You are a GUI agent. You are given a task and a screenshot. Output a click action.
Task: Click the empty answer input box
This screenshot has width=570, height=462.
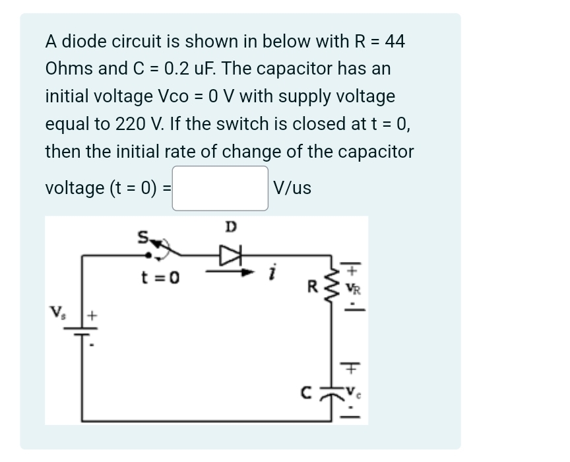click(x=220, y=188)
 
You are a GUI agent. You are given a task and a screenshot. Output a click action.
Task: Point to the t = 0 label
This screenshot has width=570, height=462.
click(x=161, y=277)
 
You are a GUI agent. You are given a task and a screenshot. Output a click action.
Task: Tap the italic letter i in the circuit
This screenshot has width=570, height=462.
click(x=273, y=272)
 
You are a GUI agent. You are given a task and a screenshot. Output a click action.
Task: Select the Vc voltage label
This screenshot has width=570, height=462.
click(x=352, y=389)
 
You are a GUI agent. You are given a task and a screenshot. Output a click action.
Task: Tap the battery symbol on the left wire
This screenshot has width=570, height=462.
click(x=82, y=333)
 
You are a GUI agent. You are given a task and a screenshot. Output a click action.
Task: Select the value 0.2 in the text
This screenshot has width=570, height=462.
click(x=177, y=69)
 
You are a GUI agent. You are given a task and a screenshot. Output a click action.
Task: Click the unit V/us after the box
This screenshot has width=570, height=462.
click(x=292, y=188)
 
